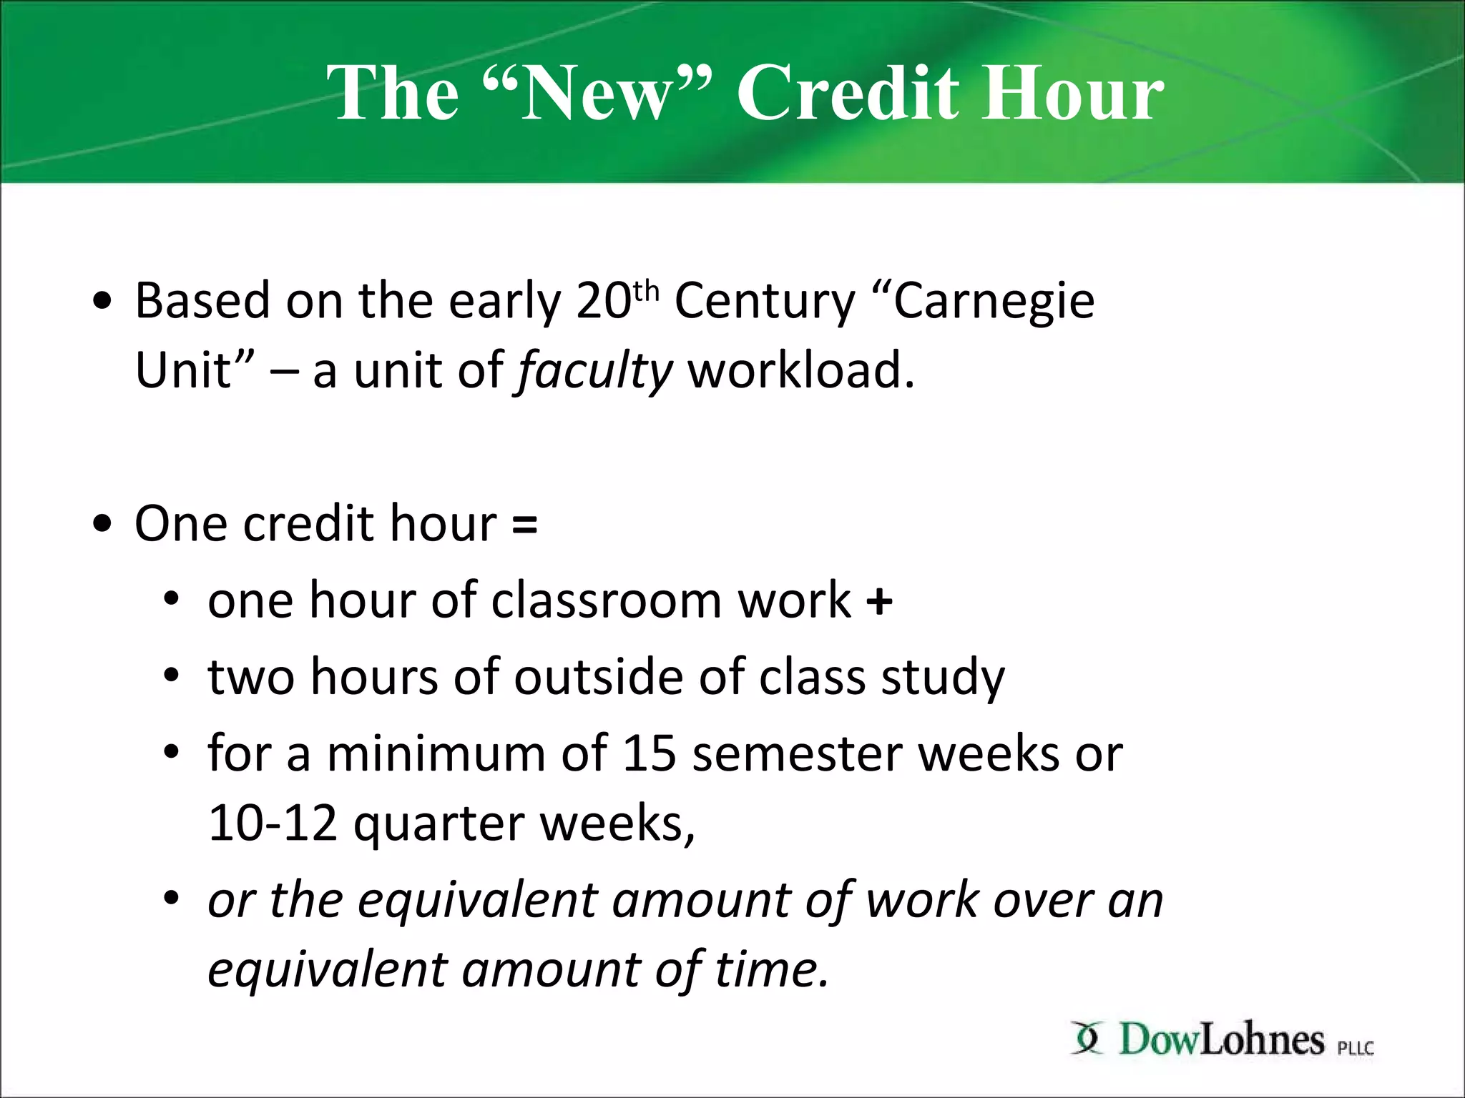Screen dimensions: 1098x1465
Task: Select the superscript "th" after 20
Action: [645, 292]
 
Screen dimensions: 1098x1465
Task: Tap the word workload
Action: [800, 370]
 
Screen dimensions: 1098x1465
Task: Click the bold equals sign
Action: [524, 523]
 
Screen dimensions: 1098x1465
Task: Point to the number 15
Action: [649, 753]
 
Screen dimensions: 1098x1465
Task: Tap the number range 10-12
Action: [273, 823]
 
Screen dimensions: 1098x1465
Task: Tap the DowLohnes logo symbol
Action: [1087, 1039]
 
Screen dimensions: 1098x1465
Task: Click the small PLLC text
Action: [1356, 1048]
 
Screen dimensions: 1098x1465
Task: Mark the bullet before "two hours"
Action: [170, 676]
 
